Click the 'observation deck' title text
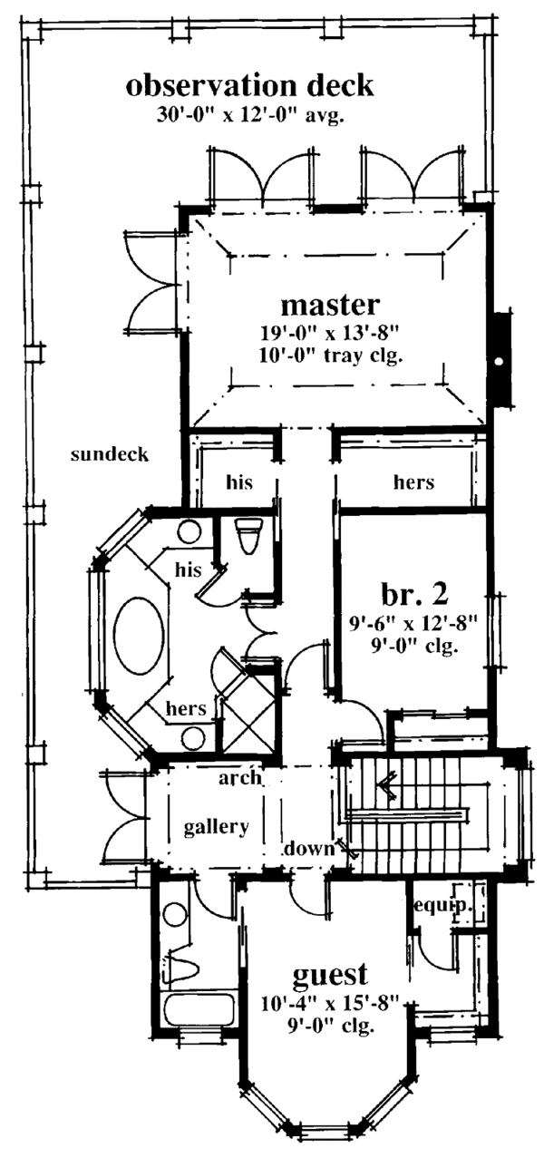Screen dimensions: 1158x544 249,86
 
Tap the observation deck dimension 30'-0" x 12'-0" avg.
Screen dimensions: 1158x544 249,115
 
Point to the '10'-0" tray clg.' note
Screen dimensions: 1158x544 328,355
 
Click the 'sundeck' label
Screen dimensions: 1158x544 110,454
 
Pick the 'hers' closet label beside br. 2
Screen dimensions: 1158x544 413,482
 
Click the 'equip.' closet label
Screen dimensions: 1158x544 433,904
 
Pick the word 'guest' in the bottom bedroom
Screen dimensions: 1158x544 330,976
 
